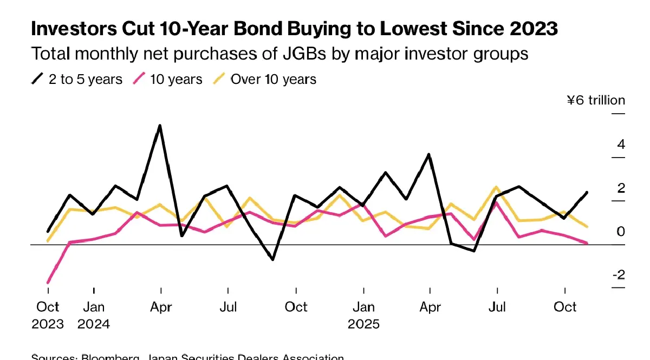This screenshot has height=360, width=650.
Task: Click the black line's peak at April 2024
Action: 160,126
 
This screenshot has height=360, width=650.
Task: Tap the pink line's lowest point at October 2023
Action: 48,283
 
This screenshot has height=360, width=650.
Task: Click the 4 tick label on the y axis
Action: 621,145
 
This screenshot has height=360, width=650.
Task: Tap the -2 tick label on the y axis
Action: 619,274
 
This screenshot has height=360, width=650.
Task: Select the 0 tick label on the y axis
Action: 621,232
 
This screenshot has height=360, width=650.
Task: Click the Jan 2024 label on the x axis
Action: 94,315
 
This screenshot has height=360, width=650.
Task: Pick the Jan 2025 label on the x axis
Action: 363,315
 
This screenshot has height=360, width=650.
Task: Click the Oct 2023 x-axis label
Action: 48,315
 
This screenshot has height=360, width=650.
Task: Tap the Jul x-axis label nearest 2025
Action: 497,307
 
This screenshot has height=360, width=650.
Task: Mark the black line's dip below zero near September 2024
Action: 272,259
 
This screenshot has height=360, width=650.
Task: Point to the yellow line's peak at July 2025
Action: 496,187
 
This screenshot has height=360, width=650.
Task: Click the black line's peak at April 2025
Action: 429,155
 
